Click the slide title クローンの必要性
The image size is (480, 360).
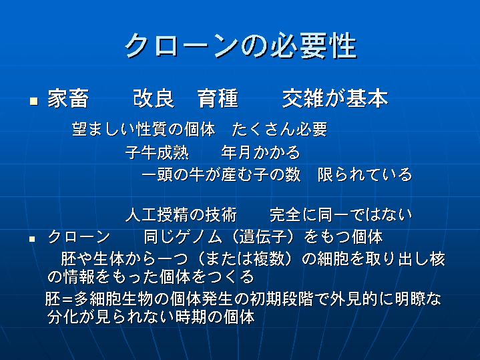240,46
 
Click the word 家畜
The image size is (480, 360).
68,99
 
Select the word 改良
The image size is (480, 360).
154,99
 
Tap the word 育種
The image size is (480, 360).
218,99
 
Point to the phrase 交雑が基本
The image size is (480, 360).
335,99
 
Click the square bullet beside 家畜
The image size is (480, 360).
33,101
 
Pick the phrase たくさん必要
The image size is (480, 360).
280,130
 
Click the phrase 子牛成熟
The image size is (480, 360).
157,152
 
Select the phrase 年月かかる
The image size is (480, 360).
260,152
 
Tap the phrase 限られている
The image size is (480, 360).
365,174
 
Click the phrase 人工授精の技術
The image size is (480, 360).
181,215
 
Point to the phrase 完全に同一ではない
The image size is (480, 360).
340,215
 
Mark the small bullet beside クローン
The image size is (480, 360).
32,238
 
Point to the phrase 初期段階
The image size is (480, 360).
282,299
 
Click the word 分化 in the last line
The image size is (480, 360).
63,317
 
